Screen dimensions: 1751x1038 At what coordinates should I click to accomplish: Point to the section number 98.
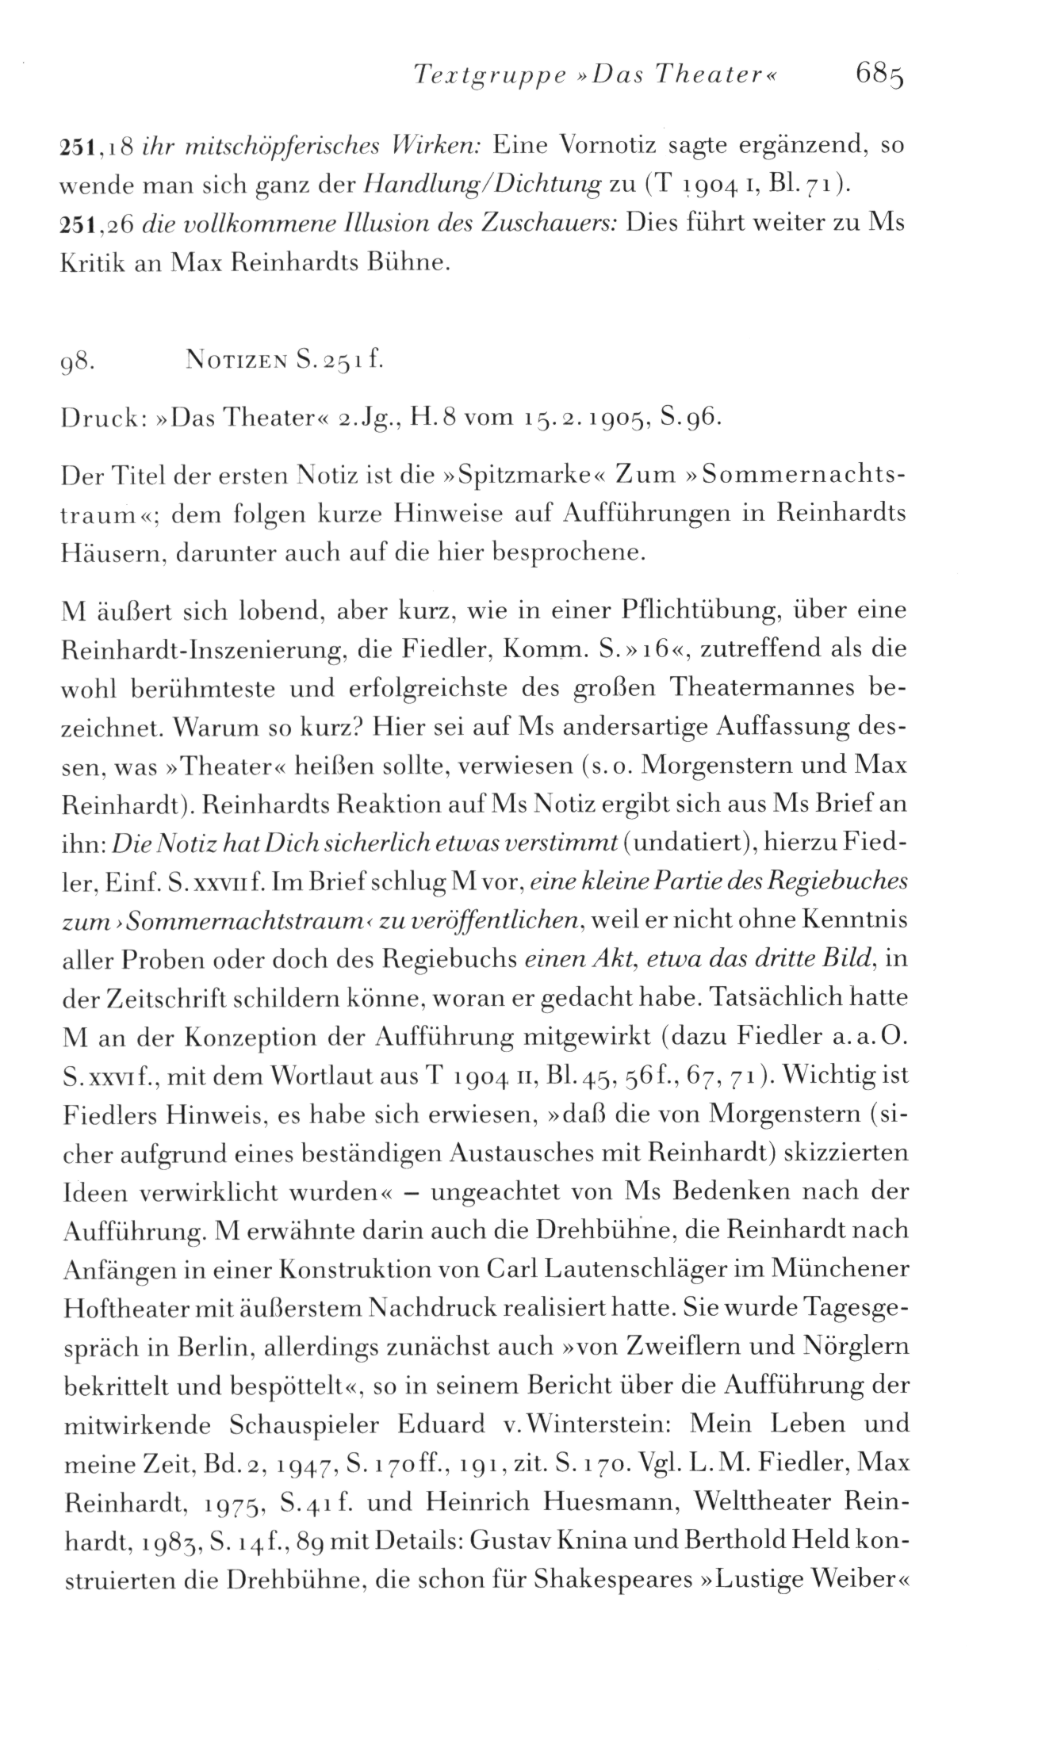78,364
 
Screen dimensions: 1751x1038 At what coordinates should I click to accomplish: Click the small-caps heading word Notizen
232,364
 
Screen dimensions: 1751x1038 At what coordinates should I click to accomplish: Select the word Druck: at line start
101,419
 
